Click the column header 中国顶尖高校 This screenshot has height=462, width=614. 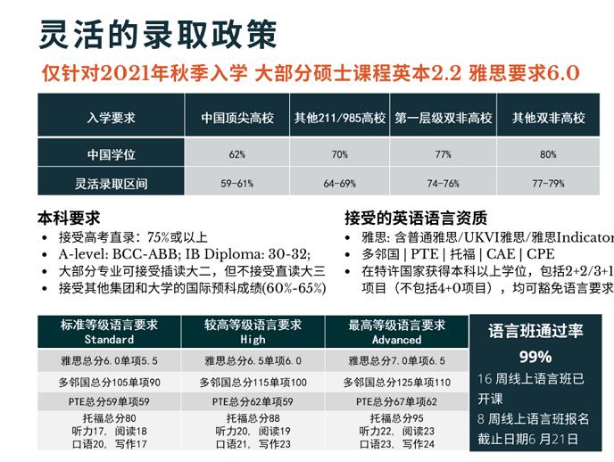pos(236,118)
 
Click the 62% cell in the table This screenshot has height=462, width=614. pos(236,154)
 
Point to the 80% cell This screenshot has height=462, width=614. pos(548,154)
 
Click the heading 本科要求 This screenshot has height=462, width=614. pos(69,218)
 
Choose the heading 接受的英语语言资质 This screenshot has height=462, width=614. pos(416,218)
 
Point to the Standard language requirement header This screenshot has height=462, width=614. pos(108,332)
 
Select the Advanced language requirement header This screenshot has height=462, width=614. pos(396,332)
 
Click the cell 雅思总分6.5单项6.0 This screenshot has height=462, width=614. pos(253,361)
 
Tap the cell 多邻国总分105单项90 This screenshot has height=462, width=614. pos(109,382)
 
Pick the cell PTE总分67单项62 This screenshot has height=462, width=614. pos(396,401)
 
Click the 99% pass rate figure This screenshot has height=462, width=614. pos(535,357)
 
